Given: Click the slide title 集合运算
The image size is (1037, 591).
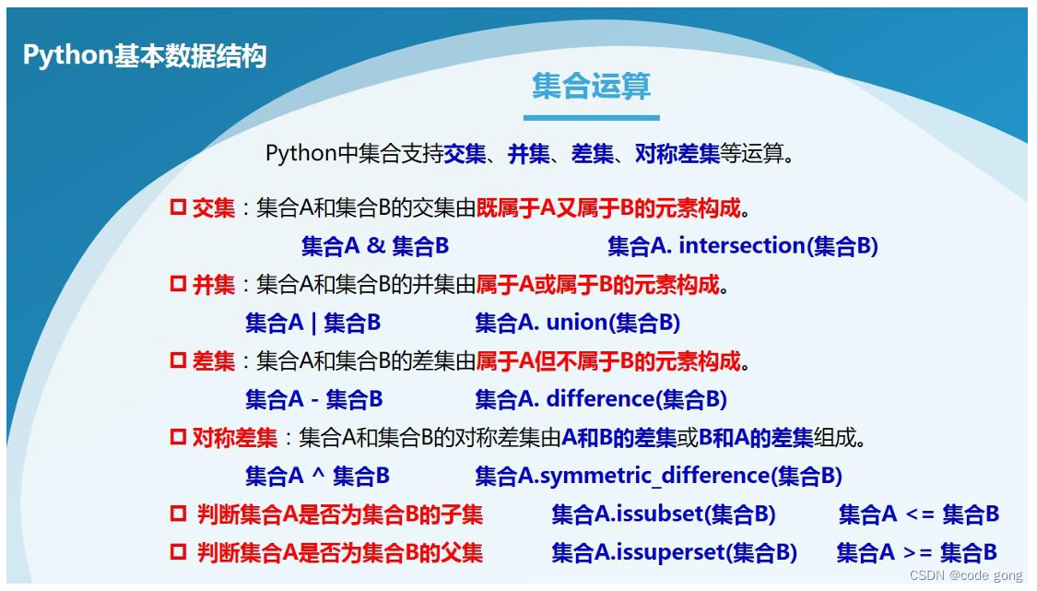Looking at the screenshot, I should tap(591, 86).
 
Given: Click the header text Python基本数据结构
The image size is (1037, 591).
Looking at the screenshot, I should tap(145, 55).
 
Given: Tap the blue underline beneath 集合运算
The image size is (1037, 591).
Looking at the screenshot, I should tap(591, 118).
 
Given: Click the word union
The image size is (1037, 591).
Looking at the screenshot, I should tap(574, 323).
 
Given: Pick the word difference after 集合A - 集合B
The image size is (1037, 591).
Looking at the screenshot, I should tap(600, 399).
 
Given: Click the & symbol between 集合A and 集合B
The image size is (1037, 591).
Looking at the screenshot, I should tap(376, 246).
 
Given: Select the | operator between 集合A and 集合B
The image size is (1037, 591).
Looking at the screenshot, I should tap(313, 323).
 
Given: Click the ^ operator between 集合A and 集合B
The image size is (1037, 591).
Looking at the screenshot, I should tap(318, 474).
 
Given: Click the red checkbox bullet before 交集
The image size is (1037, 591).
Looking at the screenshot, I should tap(178, 207).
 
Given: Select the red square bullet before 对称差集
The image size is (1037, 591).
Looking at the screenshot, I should tap(178, 437).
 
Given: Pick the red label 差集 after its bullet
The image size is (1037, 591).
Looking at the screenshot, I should tap(214, 361).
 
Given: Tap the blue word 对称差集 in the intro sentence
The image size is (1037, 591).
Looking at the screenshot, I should tap(678, 154).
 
